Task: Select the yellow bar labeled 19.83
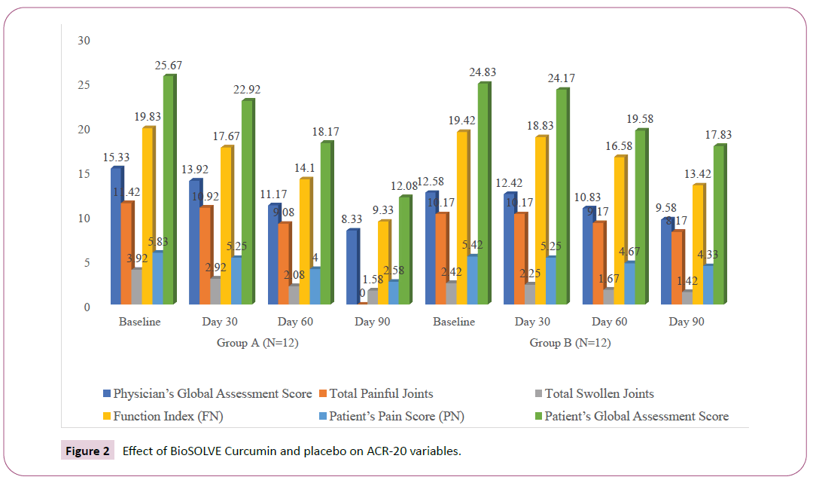(x=148, y=216)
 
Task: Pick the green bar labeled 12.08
(x=404, y=250)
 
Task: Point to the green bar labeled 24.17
(x=561, y=197)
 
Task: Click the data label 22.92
(x=247, y=90)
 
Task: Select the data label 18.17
(x=326, y=132)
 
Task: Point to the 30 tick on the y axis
(x=84, y=40)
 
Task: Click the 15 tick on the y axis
(x=84, y=173)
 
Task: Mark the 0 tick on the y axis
(x=87, y=307)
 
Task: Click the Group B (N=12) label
(x=570, y=343)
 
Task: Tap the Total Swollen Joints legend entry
(x=598, y=393)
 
